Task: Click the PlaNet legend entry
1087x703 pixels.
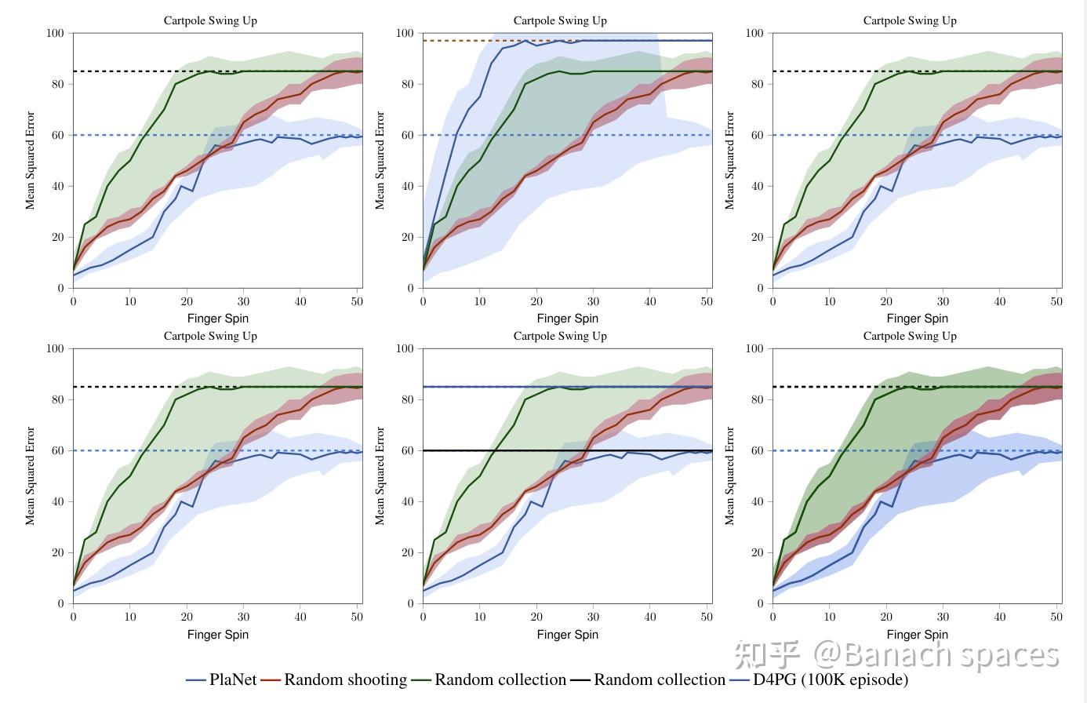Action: [x=222, y=679]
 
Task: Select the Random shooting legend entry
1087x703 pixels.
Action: [x=335, y=679]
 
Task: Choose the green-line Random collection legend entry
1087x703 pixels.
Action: [x=489, y=679]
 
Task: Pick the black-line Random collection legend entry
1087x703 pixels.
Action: [x=649, y=679]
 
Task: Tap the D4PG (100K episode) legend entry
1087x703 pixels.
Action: [x=820, y=679]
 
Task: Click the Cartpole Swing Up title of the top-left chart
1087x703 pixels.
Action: [x=210, y=20]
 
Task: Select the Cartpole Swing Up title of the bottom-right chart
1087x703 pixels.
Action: [x=910, y=336]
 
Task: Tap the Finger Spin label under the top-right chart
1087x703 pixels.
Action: [x=917, y=318]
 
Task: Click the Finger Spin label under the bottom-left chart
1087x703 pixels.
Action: [x=217, y=634]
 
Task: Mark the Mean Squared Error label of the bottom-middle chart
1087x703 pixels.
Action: [x=380, y=475]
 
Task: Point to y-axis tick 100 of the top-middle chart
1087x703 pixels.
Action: [x=405, y=33]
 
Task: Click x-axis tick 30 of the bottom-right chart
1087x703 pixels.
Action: [x=943, y=617]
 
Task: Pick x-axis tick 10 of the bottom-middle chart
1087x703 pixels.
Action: [x=480, y=617]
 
